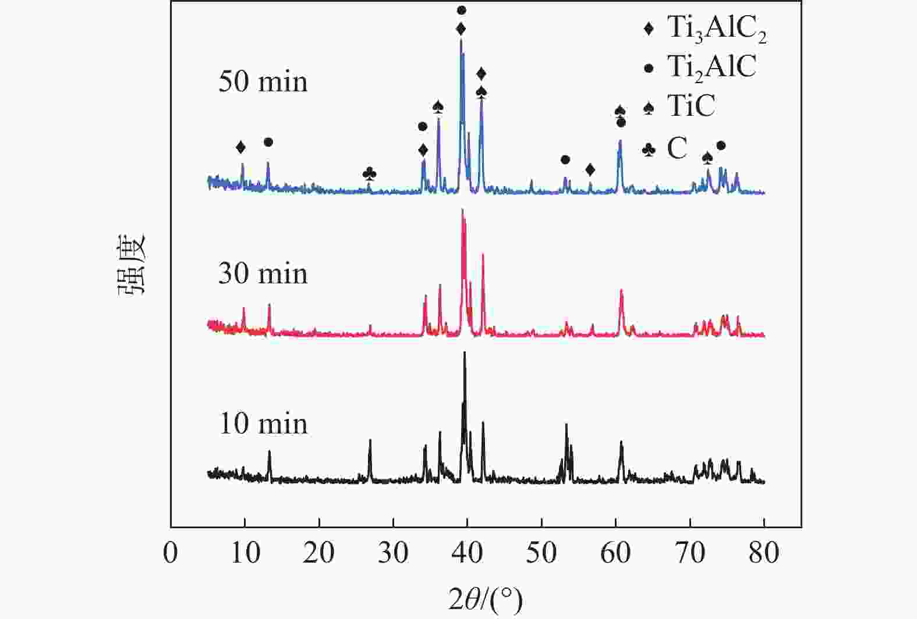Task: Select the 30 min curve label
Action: [x=263, y=273]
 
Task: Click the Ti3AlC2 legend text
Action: [x=716, y=29]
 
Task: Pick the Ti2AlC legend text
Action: [x=711, y=67]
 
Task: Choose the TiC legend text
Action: [x=691, y=106]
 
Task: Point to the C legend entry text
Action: [x=677, y=149]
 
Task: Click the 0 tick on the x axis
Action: [x=171, y=552]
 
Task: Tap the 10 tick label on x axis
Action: [x=245, y=552]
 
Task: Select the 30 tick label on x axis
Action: [x=394, y=552]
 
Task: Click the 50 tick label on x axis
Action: [x=542, y=552]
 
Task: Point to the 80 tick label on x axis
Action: [x=764, y=552]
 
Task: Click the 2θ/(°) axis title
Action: [x=485, y=599]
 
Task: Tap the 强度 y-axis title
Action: [x=133, y=265]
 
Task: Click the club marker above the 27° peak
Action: [x=370, y=173]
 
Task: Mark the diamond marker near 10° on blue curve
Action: [x=240, y=147]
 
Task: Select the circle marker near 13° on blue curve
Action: [x=268, y=142]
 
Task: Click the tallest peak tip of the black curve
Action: [x=465, y=353]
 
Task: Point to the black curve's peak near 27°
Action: [x=370, y=440]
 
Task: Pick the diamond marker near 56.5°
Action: [x=590, y=170]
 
